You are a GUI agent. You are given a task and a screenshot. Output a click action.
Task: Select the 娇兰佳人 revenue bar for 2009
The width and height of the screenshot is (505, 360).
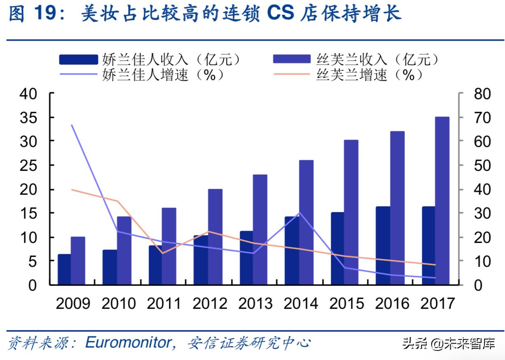pos(64,269)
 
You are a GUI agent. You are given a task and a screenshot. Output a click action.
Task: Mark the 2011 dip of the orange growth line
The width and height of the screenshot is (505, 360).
pos(161,253)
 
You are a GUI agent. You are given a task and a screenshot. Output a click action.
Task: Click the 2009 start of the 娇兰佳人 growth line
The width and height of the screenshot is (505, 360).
pos(72,125)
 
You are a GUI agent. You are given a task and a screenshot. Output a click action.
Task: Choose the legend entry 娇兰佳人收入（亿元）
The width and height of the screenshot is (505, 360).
pos(150,59)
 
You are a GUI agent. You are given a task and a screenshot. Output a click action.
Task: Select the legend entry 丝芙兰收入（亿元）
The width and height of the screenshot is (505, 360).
pos(357,59)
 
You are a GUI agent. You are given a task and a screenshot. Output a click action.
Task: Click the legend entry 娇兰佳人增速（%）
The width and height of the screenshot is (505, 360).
pos(142,75)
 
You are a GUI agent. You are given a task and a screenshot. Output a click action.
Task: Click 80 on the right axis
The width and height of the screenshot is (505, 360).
pos(482,94)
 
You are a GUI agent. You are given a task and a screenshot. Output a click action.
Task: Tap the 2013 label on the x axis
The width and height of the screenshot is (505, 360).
pos(255,304)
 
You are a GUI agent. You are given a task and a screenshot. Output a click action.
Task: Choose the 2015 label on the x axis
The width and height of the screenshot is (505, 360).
pos(346,304)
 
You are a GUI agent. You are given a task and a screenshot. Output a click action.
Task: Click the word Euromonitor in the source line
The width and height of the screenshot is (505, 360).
pos(127,342)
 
